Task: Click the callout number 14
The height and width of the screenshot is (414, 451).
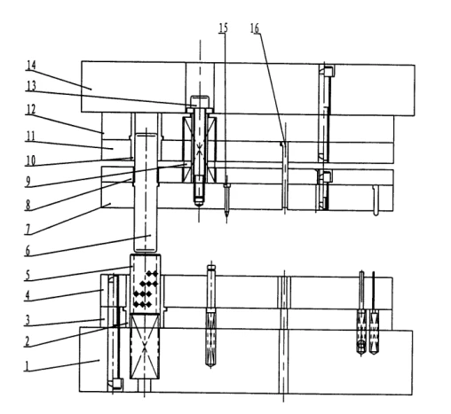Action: tap(31, 66)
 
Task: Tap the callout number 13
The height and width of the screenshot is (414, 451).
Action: tap(31, 86)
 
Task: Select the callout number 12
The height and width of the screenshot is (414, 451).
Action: tap(30, 110)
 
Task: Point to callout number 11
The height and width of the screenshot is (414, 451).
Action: tap(30, 137)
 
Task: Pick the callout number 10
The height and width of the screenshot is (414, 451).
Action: tap(30, 160)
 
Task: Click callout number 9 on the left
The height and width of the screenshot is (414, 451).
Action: tap(28, 182)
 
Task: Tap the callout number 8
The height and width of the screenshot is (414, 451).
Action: tap(28, 205)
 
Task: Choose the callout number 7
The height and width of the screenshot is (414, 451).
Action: tap(28, 230)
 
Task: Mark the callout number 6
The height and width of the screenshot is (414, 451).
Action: tap(28, 251)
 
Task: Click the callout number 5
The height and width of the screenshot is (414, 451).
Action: tap(28, 275)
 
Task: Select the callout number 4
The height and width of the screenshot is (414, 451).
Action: tap(28, 295)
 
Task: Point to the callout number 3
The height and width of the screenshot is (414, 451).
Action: tap(28, 320)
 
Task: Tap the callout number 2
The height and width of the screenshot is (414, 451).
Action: tap(28, 341)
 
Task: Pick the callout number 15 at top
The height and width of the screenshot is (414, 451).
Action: tap(224, 27)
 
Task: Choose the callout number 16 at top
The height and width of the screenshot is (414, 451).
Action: tap(255, 28)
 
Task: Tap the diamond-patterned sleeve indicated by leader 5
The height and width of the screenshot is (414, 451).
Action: tap(146, 284)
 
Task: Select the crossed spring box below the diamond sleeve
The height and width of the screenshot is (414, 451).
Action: tap(145, 347)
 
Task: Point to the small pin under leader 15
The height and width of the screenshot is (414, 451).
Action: tap(226, 199)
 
